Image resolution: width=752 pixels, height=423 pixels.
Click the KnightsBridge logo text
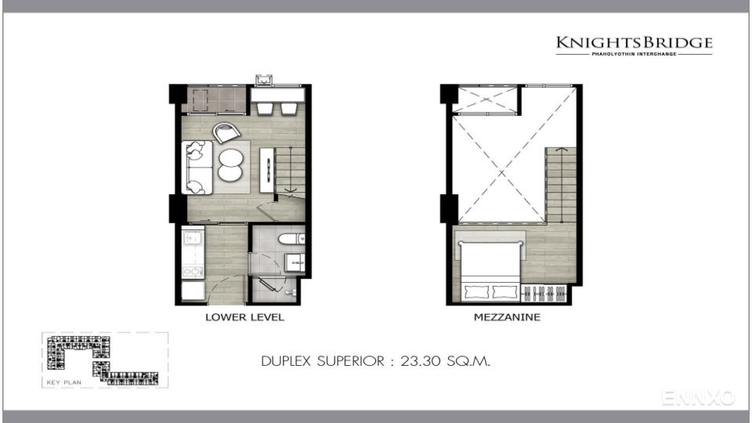(x=634, y=42)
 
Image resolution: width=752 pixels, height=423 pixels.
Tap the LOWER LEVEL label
(x=244, y=317)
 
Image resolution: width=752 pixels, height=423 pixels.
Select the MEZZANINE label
(x=507, y=317)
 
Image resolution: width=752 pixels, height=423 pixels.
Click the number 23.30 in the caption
(x=420, y=360)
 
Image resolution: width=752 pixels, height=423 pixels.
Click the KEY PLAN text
(x=63, y=382)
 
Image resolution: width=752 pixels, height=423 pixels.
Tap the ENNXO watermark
(x=698, y=398)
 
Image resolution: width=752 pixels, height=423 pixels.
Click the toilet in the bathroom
(x=291, y=238)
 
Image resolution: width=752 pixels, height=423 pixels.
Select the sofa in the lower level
(x=197, y=168)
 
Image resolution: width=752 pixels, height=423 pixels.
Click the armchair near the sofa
(x=226, y=132)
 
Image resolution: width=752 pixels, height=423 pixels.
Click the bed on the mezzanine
(x=490, y=271)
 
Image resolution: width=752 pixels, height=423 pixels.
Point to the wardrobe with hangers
(x=544, y=293)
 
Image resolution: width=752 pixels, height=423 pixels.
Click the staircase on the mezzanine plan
(x=561, y=185)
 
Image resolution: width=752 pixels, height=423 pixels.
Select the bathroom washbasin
(x=295, y=262)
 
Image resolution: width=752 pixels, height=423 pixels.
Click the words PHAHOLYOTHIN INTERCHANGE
(x=634, y=54)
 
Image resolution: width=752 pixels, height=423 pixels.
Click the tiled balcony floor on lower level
(x=216, y=99)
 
